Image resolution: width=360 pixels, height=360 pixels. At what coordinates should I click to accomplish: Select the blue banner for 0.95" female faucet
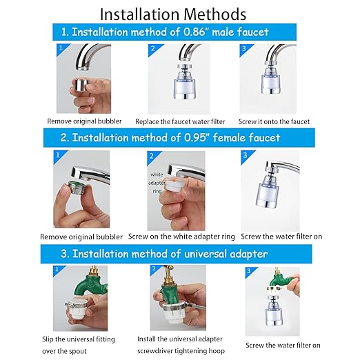pyautogui.click(x=170, y=137)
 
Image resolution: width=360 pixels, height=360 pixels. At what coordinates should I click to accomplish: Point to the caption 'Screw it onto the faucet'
pyautogui.click(x=274, y=121)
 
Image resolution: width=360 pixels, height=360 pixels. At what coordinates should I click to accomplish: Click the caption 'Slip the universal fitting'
pyautogui.click(x=84, y=339)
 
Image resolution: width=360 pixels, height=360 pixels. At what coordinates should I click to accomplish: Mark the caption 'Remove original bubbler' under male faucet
pyautogui.click(x=84, y=121)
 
